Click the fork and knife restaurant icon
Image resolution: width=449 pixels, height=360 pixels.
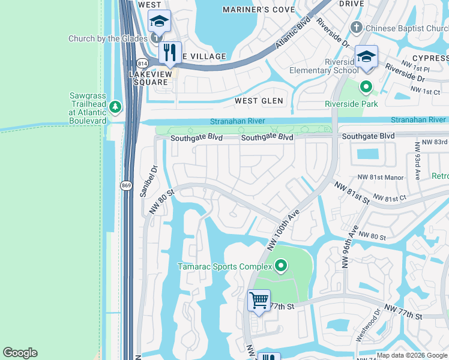(x=170, y=52)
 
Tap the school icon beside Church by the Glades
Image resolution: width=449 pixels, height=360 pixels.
(x=159, y=22)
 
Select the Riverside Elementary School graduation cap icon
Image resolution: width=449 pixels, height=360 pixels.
(x=366, y=57)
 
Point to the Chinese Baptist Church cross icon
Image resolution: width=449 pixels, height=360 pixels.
(x=356, y=28)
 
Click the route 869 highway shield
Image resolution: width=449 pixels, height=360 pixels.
(x=126, y=185)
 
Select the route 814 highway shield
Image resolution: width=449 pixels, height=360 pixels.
(x=142, y=63)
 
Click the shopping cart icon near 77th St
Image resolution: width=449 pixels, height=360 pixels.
(x=259, y=300)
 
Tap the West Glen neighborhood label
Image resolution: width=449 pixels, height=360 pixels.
(x=259, y=101)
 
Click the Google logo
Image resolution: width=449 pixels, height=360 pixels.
(x=20, y=353)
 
